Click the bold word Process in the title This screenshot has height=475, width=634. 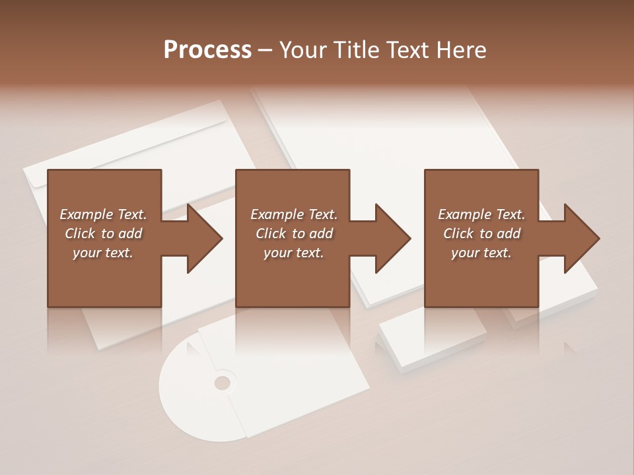click(207, 50)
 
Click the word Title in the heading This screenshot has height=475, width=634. click(357, 50)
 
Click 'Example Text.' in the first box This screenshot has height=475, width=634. click(103, 214)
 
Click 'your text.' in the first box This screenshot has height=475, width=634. click(103, 253)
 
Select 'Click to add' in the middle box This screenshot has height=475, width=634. click(294, 234)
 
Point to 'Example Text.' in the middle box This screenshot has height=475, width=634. click(294, 214)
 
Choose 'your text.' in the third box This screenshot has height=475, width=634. click(481, 253)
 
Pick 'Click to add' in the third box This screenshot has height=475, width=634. click(481, 234)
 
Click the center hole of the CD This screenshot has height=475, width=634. click(223, 383)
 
